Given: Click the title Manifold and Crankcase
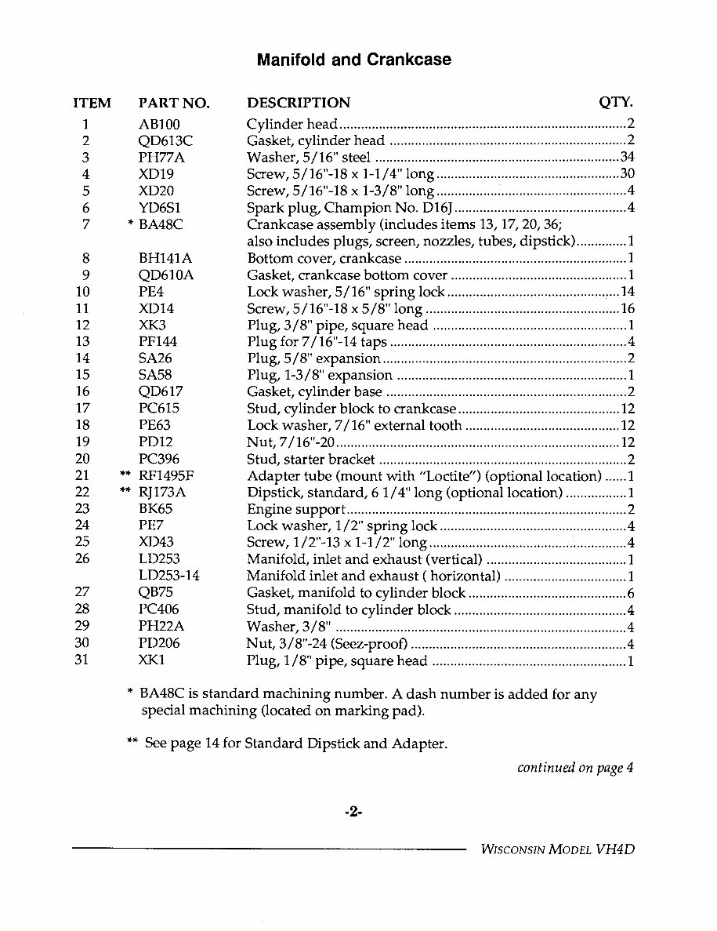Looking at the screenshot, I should click(353, 60).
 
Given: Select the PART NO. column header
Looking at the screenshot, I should click(174, 103).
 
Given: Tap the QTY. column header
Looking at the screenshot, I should click(616, 102).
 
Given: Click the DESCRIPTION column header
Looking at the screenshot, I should click(299, 103).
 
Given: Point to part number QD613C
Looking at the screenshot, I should click(165, 141).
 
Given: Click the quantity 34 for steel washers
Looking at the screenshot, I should click(626, 158).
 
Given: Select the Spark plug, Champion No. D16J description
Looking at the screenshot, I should click(349, 208).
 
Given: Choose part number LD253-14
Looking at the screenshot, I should click(168, 576).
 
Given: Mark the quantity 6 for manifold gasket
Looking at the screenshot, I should click(630, 593).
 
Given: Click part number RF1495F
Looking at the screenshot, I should click(165, 476).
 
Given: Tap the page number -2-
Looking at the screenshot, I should click(353, 813).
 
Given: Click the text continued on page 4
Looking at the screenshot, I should click(574, 768).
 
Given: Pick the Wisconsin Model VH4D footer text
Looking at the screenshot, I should click(556, 850).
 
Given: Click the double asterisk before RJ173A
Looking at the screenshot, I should click(124, 492).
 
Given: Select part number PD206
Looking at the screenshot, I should click(159, 643).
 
